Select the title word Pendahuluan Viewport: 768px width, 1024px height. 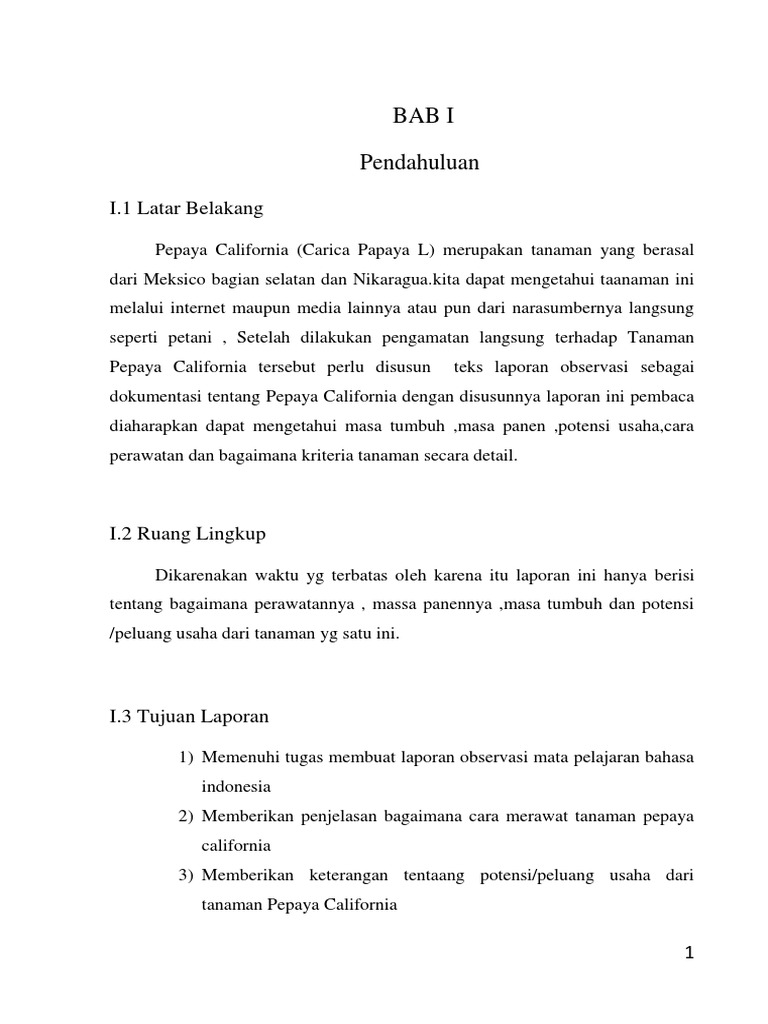pyautogui.click(x=419, y=163)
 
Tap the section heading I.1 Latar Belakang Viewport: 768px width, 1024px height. pyautogui.click(x=185, y=208)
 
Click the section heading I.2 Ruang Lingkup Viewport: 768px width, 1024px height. pyautogui.click(x=187, y=533)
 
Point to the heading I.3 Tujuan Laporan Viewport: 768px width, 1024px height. pyautogui.click(x=189, y=717)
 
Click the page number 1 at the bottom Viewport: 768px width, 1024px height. pyautogui.click(x=689, y=953)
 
